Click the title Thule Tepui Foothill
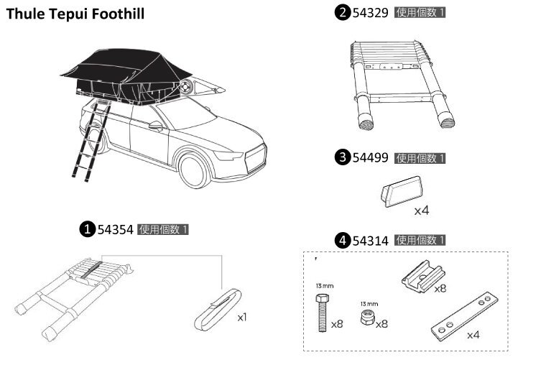pos(75,14)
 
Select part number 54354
pos(115,230)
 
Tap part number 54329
pos(370,13)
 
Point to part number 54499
pos(370,158)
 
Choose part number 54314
pos(370,241)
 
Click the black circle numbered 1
pos(87,229)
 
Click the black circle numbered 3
pos(343,157)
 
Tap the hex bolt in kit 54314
pos(323,313)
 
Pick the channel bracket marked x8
pos(422,275)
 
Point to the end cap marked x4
pos(402,192)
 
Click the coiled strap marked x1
pos(218,310)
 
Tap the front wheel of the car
pos(193,171)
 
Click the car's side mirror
pos(156,126)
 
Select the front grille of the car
pos(256,159)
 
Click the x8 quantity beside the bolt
pos(337,324)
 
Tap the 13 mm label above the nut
pos(369,304)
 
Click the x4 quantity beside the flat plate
pos(473,335)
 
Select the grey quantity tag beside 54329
pos(420,13)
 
